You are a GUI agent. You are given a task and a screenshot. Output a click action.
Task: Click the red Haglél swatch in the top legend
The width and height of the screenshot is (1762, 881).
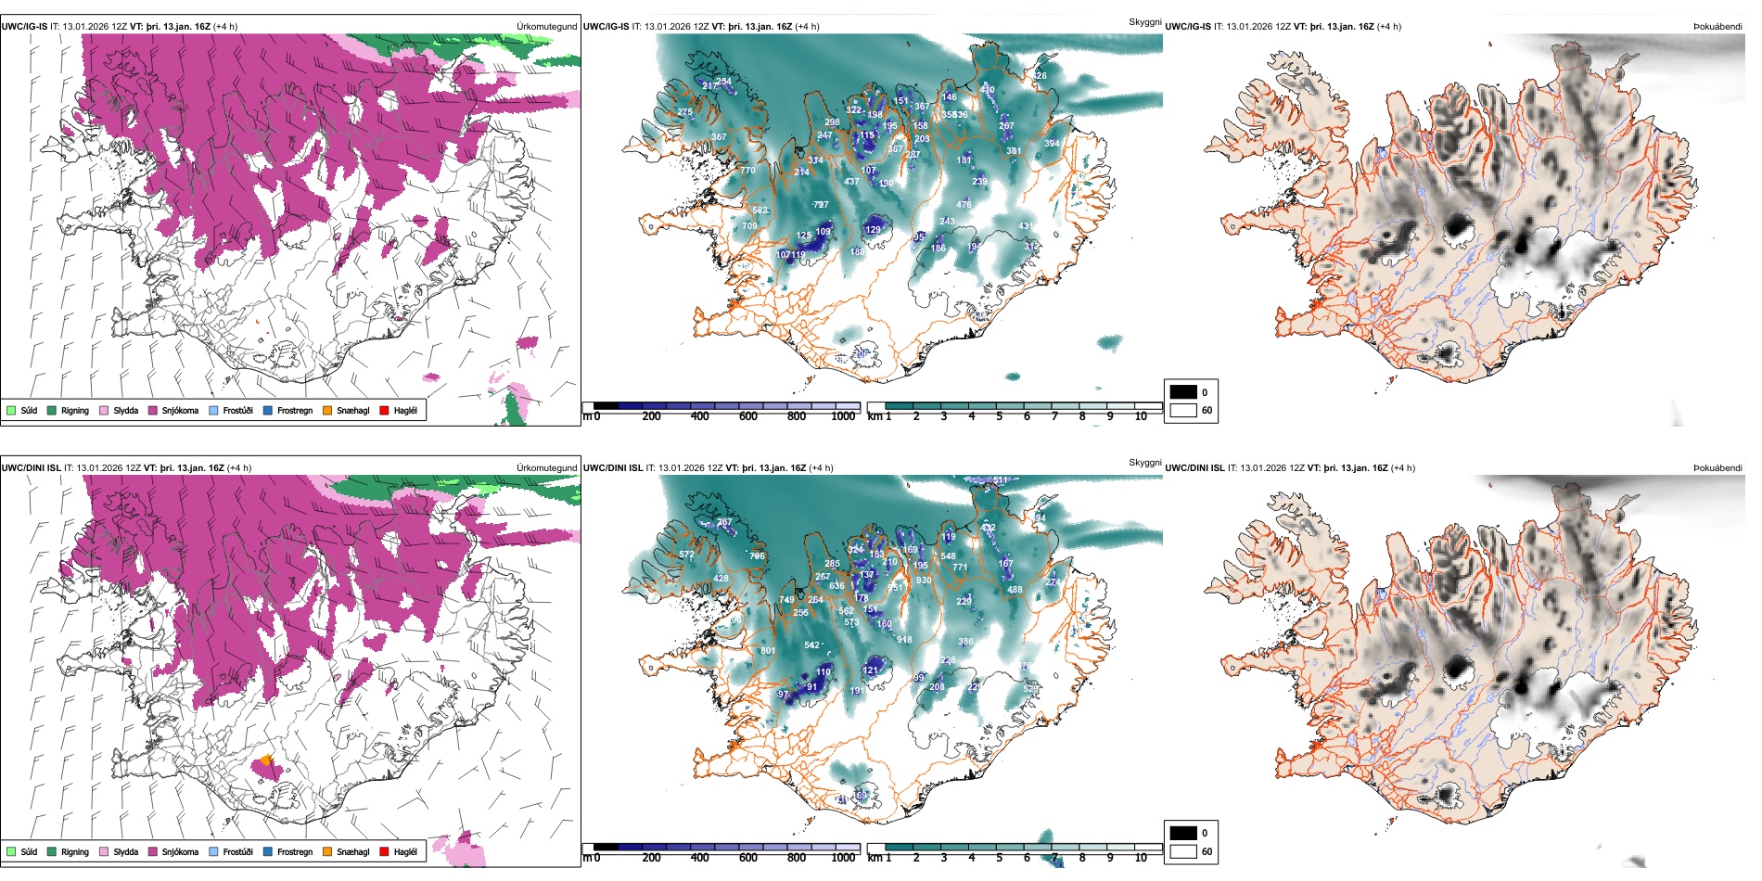tap(384, 410)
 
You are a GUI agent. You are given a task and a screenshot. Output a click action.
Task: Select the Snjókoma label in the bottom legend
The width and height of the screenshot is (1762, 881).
tap(180, 851)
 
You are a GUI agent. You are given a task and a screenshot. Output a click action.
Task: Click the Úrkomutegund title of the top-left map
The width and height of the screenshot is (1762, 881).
tap(546, 27)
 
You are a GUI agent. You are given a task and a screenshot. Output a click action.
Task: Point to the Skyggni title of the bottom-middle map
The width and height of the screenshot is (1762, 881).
tap(1144, 463)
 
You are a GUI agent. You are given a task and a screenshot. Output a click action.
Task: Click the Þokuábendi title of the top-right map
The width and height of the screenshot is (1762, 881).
tap(1717, 27)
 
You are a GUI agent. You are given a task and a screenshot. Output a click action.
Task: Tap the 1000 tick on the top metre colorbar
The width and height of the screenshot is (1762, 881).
tap(843, 416)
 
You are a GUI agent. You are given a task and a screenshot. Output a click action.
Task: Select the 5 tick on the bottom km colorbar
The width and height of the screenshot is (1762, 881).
tap(1000, 858)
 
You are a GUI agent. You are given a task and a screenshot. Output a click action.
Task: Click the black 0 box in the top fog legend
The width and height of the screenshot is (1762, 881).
tap(1183, 392)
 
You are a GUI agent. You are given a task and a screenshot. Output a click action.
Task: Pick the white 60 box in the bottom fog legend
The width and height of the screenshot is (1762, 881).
tap(1183, 851)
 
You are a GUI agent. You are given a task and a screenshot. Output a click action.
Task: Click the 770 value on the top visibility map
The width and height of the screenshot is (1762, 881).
tap(747, 171)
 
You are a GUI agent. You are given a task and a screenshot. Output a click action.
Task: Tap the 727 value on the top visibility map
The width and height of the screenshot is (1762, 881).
tap(821, 205)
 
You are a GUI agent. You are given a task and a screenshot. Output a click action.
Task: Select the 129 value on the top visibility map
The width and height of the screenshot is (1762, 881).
tap(873, 230)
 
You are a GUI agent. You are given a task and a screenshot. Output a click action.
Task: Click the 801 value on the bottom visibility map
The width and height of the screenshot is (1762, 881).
tap(768, 651)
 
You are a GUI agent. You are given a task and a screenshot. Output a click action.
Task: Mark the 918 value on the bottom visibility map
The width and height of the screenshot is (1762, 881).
tap(904, 640)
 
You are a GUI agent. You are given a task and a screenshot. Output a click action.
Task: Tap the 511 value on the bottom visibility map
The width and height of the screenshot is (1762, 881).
tap(1000, 480)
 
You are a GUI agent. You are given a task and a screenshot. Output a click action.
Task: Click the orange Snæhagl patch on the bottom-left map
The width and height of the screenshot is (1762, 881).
tap(266, 760)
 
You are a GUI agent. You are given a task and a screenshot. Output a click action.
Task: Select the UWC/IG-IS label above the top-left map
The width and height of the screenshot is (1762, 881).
tap(24, 27)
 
